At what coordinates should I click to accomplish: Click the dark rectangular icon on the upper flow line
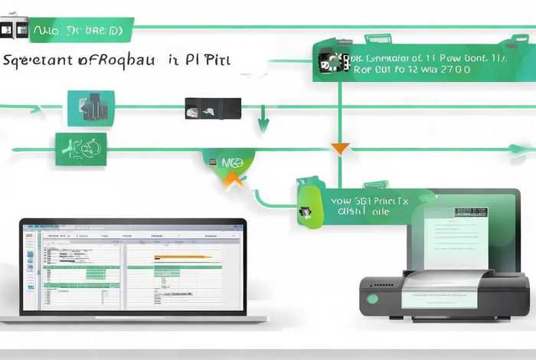[x=213, y=108]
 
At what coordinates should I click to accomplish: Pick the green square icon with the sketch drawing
[x=80, y=149]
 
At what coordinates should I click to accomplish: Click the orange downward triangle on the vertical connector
[x=340, y=148]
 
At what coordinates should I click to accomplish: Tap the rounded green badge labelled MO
[x=230, y=162]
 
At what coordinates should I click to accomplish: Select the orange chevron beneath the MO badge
[x=234, y=181]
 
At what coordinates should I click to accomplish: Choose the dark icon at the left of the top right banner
[x=330, y=62]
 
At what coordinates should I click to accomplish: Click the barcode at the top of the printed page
[x=470, y=211]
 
